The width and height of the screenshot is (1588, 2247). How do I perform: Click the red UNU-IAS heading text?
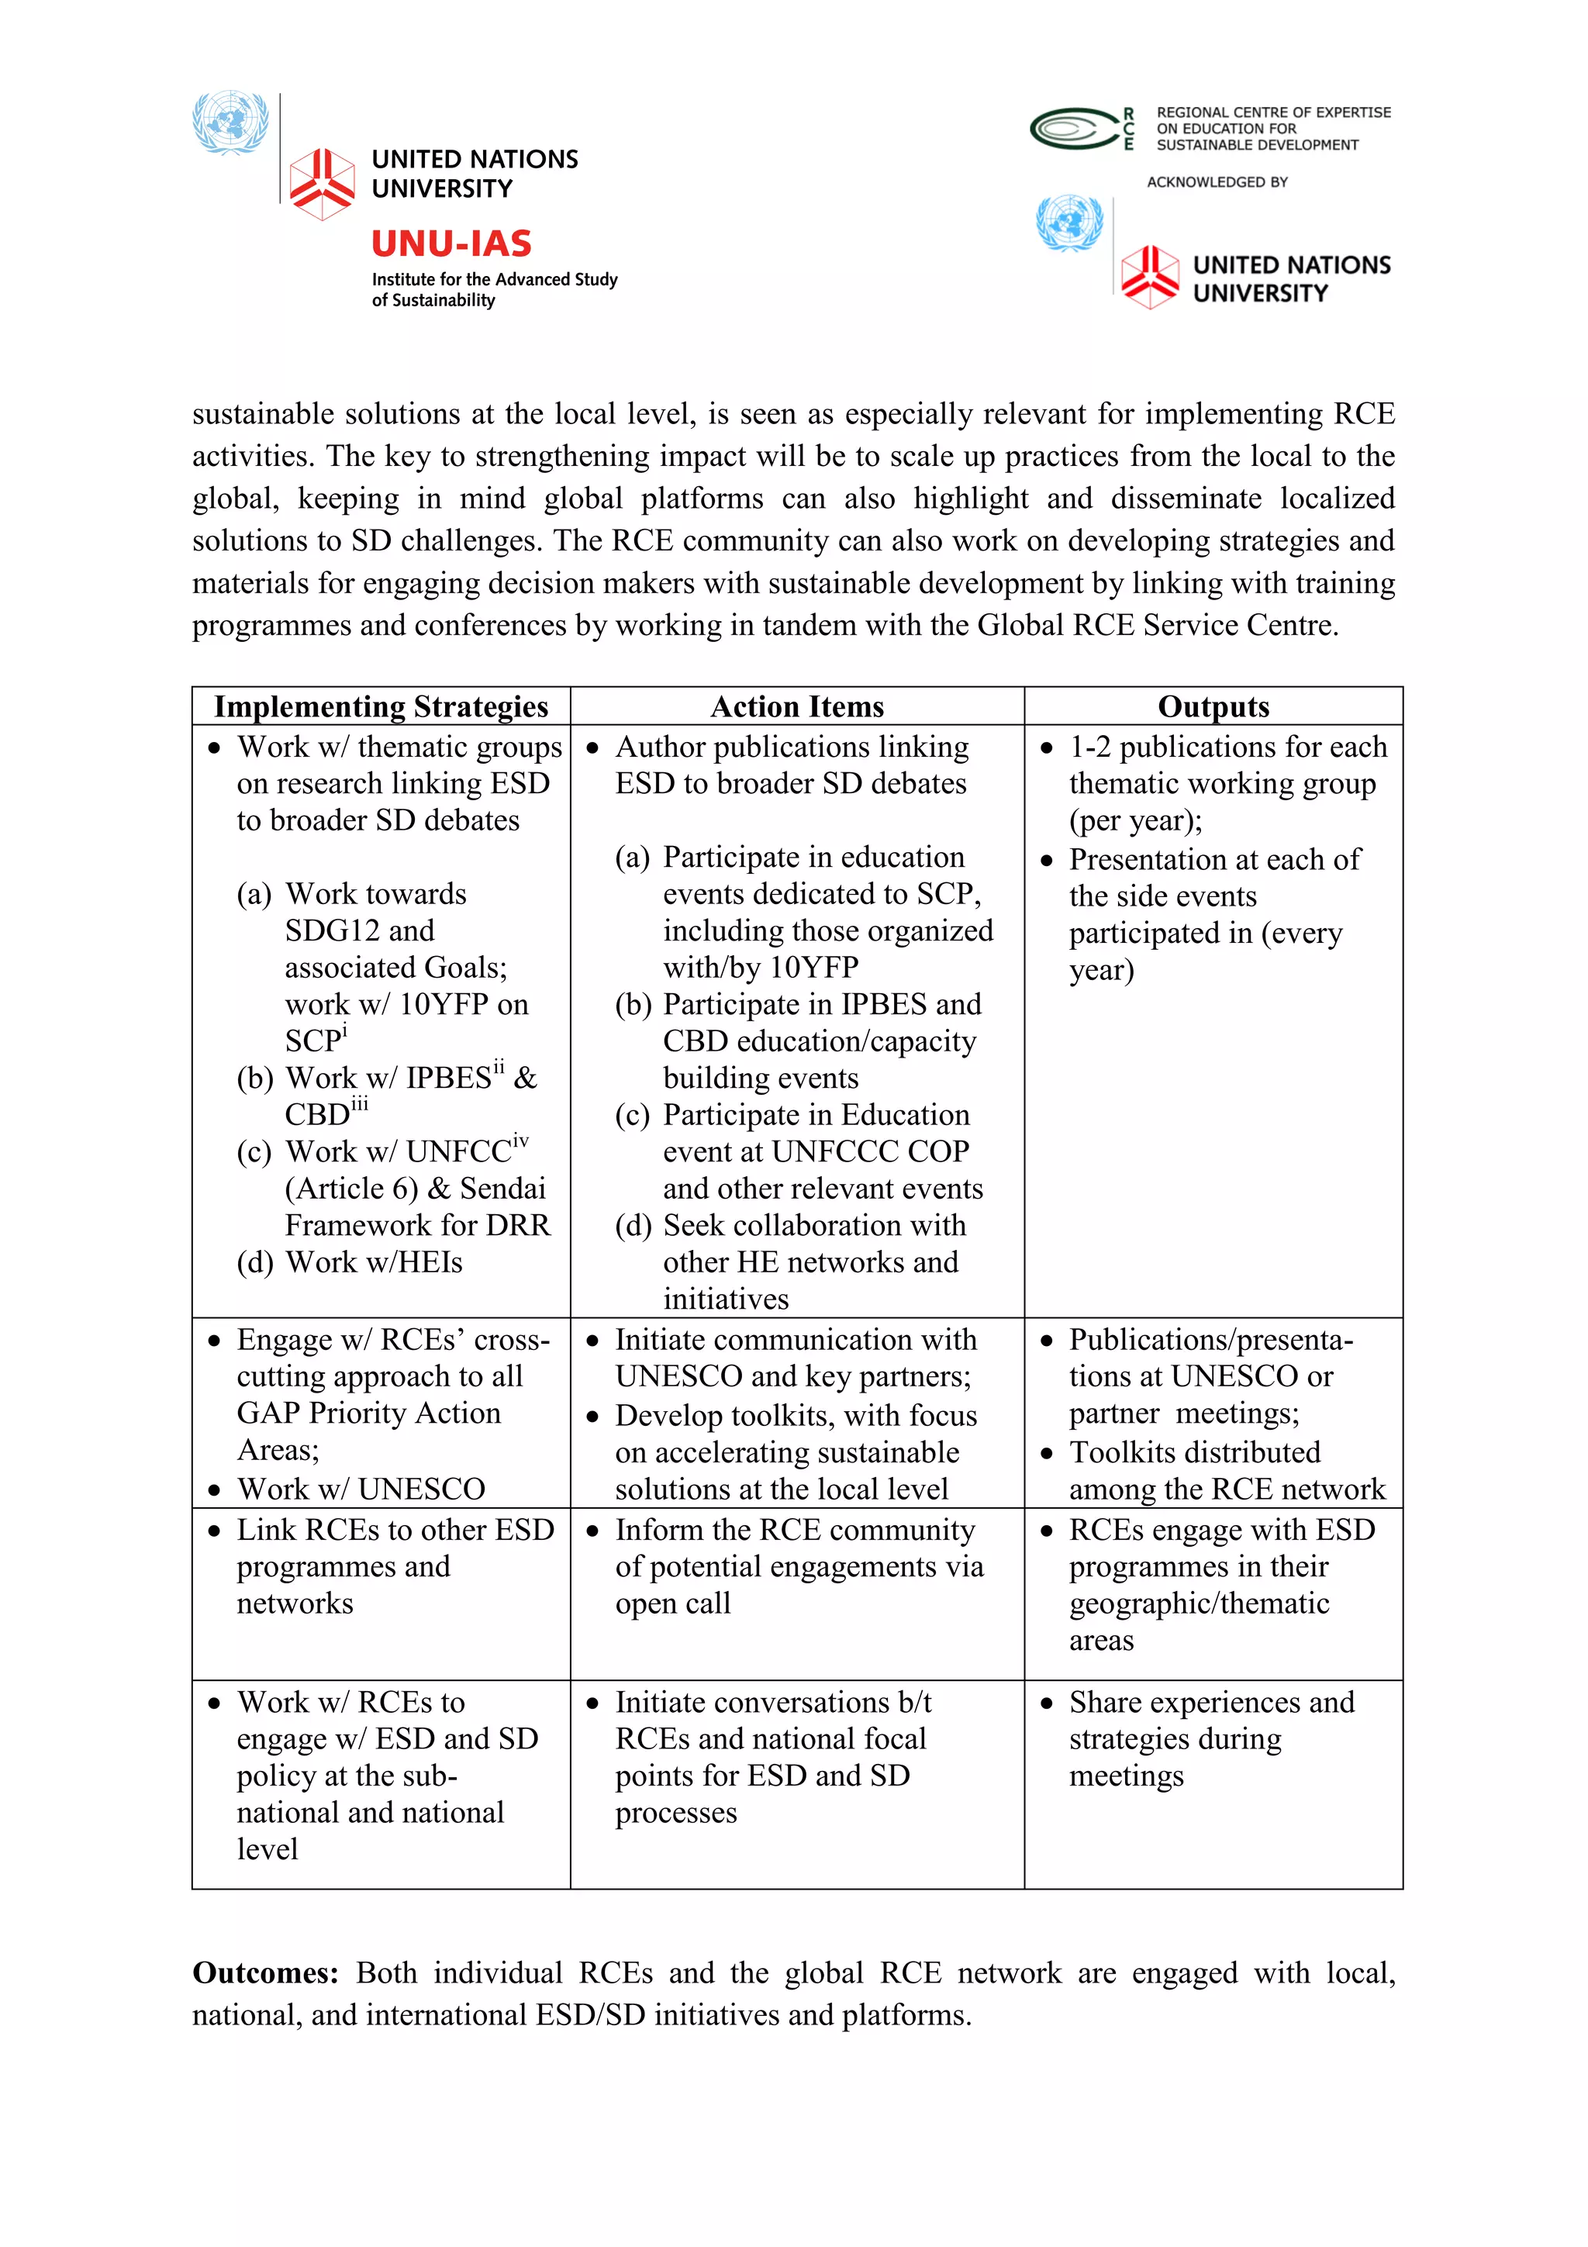[x=451, y=243]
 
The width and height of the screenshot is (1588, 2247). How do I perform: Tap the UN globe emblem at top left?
[x=230, y=123]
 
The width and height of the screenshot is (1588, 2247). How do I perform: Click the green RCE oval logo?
[x=1073, y=128]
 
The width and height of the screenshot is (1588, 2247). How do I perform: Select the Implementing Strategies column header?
[x=381, y=706]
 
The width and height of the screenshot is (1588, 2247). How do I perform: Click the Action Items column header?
[x=796, y=706]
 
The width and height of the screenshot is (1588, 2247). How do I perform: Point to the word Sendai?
[x=502, y=1188]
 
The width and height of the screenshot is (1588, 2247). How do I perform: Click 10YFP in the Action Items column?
[x=813, y=968]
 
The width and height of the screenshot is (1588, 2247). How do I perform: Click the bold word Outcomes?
[x=265, y=1973]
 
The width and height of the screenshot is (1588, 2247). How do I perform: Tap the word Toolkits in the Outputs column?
[x=1129, y=1452]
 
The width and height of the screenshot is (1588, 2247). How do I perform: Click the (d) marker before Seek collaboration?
[x=632, y=1225]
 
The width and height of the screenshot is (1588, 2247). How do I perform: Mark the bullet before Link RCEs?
[x=214, y=1531]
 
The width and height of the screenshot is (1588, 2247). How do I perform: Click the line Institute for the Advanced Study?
[x=494, y=280]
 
